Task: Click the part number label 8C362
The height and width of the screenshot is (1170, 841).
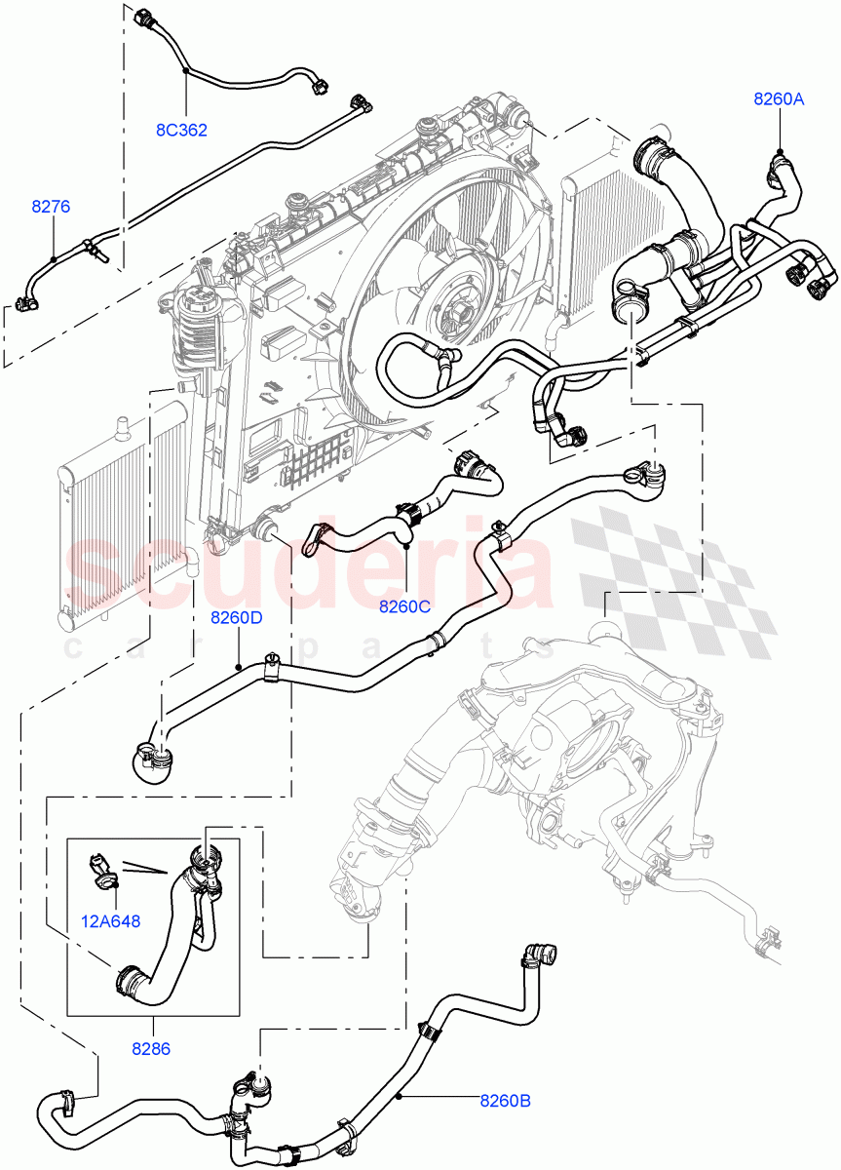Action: coord(182,130)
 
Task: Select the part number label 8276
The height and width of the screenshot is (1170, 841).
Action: coord(51,207)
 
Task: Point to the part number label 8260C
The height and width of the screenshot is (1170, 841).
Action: coord(405,605)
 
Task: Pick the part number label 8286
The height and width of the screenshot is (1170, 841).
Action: coord(151,1049)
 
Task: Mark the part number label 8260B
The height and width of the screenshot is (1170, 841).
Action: coord(505,1101)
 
